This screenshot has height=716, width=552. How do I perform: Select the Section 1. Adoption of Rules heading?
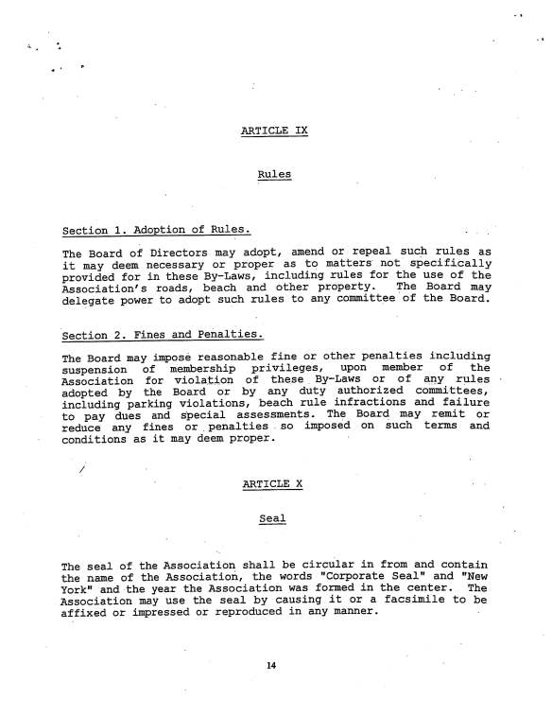click(x=156, y=231)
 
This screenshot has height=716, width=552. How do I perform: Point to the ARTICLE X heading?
click(x=272, y=483)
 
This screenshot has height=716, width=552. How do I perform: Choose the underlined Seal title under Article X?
click(x=272, y=518)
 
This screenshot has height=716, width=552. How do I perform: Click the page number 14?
click(x=271, y=667)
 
